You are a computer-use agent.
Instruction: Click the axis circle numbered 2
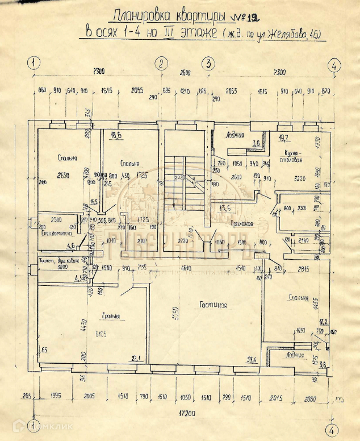coord(162,63)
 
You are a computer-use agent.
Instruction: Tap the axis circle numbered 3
coord(208,63)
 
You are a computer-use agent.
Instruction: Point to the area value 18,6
coord(116,135)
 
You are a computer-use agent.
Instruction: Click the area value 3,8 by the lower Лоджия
coord(323,365)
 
